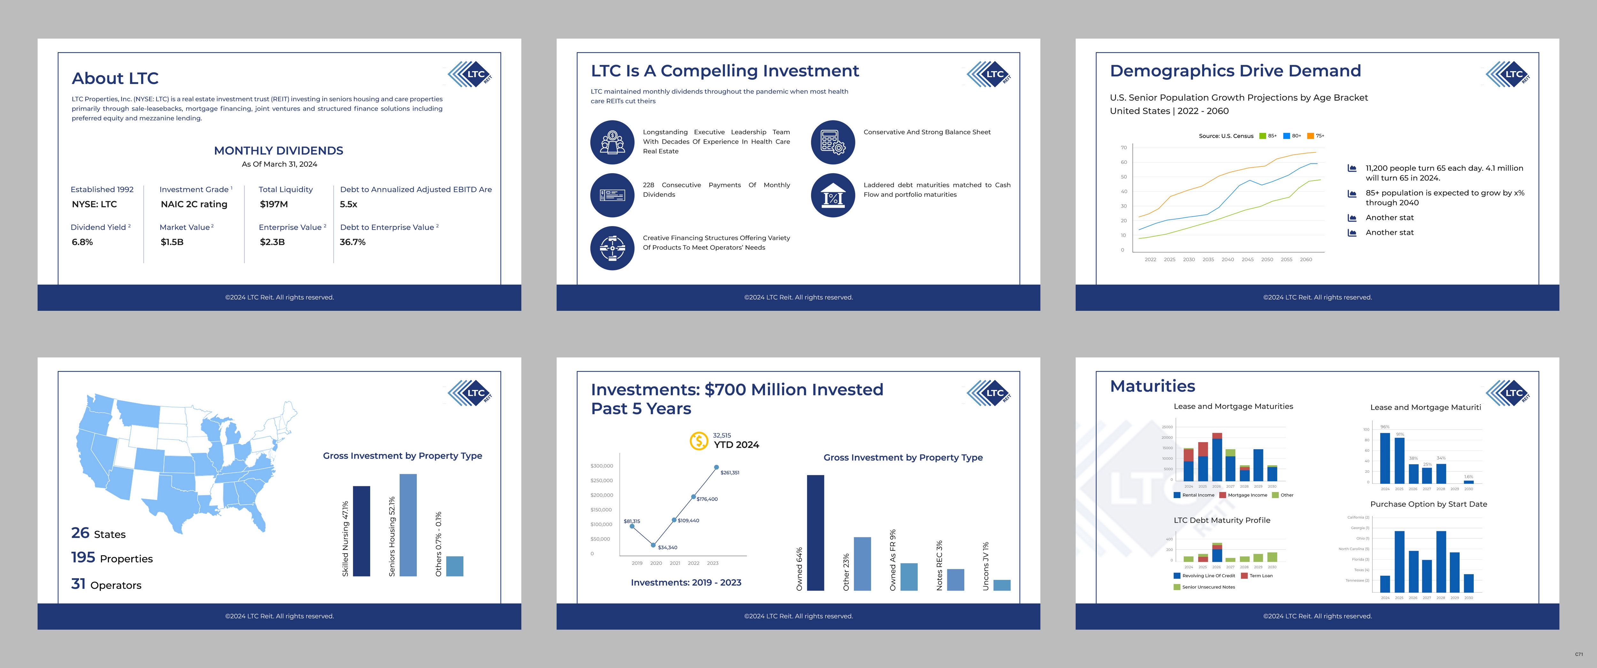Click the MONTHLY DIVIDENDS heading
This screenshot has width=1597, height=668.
pyautogui.click(x=279, y=151)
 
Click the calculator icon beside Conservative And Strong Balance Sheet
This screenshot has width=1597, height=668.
pyautogui.click(x=833, y=142)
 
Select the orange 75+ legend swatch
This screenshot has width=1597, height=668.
pyautogui.click(x=1310, y=136)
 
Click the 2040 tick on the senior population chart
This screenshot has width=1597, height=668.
pyautogui.click(x=1227, y=260)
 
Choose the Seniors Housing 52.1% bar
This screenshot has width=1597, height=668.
pyautogui.click(x=408, y=525)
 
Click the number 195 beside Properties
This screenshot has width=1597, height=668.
pyautogui.click(x=83, y=557)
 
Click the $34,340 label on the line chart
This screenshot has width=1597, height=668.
pyautogui.click(x=668, y=548)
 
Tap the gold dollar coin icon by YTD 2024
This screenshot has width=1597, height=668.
pyautogui.click(x=699, y=441)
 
